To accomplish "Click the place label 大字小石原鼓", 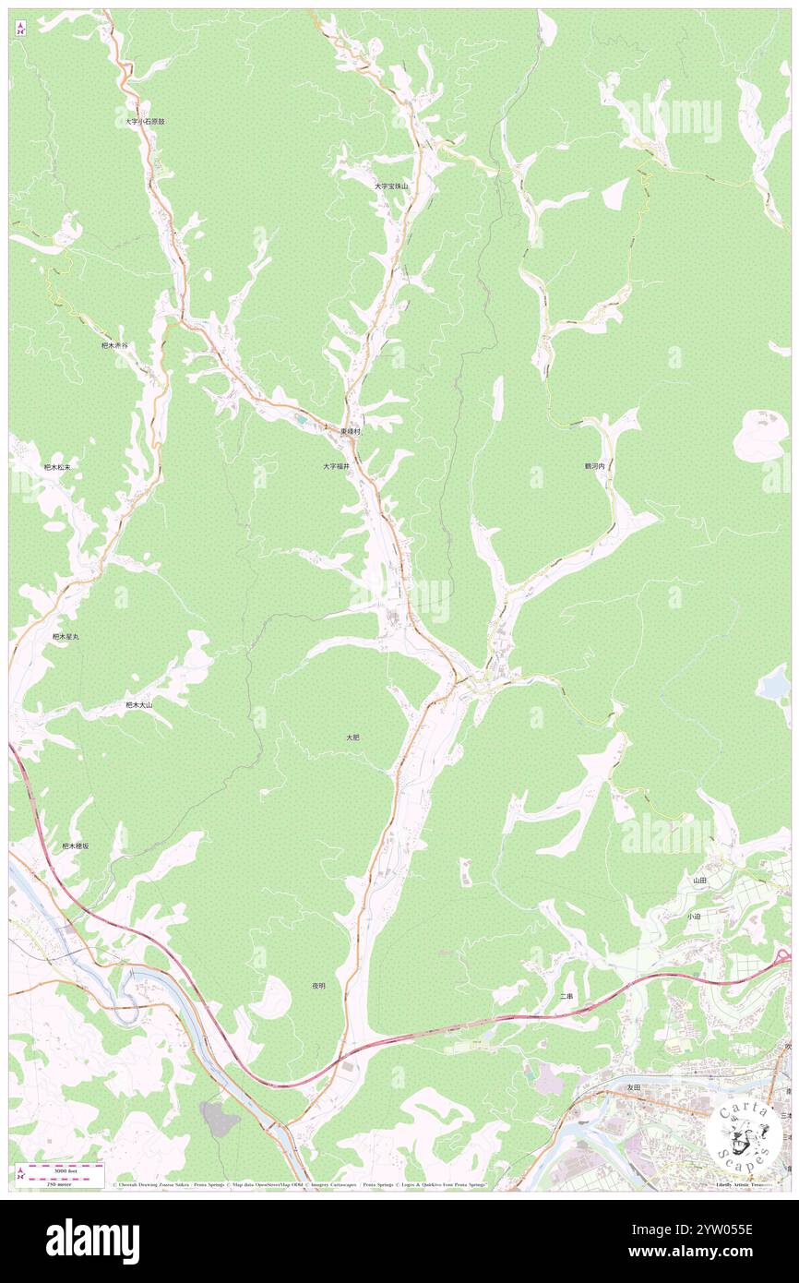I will (146, 121).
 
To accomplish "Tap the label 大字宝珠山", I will (390, 186).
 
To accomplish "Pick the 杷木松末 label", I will (57, 467).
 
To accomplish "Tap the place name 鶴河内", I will (594, 467).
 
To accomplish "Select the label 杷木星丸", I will (66, 636).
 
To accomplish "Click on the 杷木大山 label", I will (138, 704).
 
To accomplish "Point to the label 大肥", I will (352, 737).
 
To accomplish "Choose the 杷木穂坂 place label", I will (75, 845).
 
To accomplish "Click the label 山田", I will (700, 881).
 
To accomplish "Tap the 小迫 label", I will (694, 917).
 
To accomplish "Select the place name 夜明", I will (318, 986).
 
